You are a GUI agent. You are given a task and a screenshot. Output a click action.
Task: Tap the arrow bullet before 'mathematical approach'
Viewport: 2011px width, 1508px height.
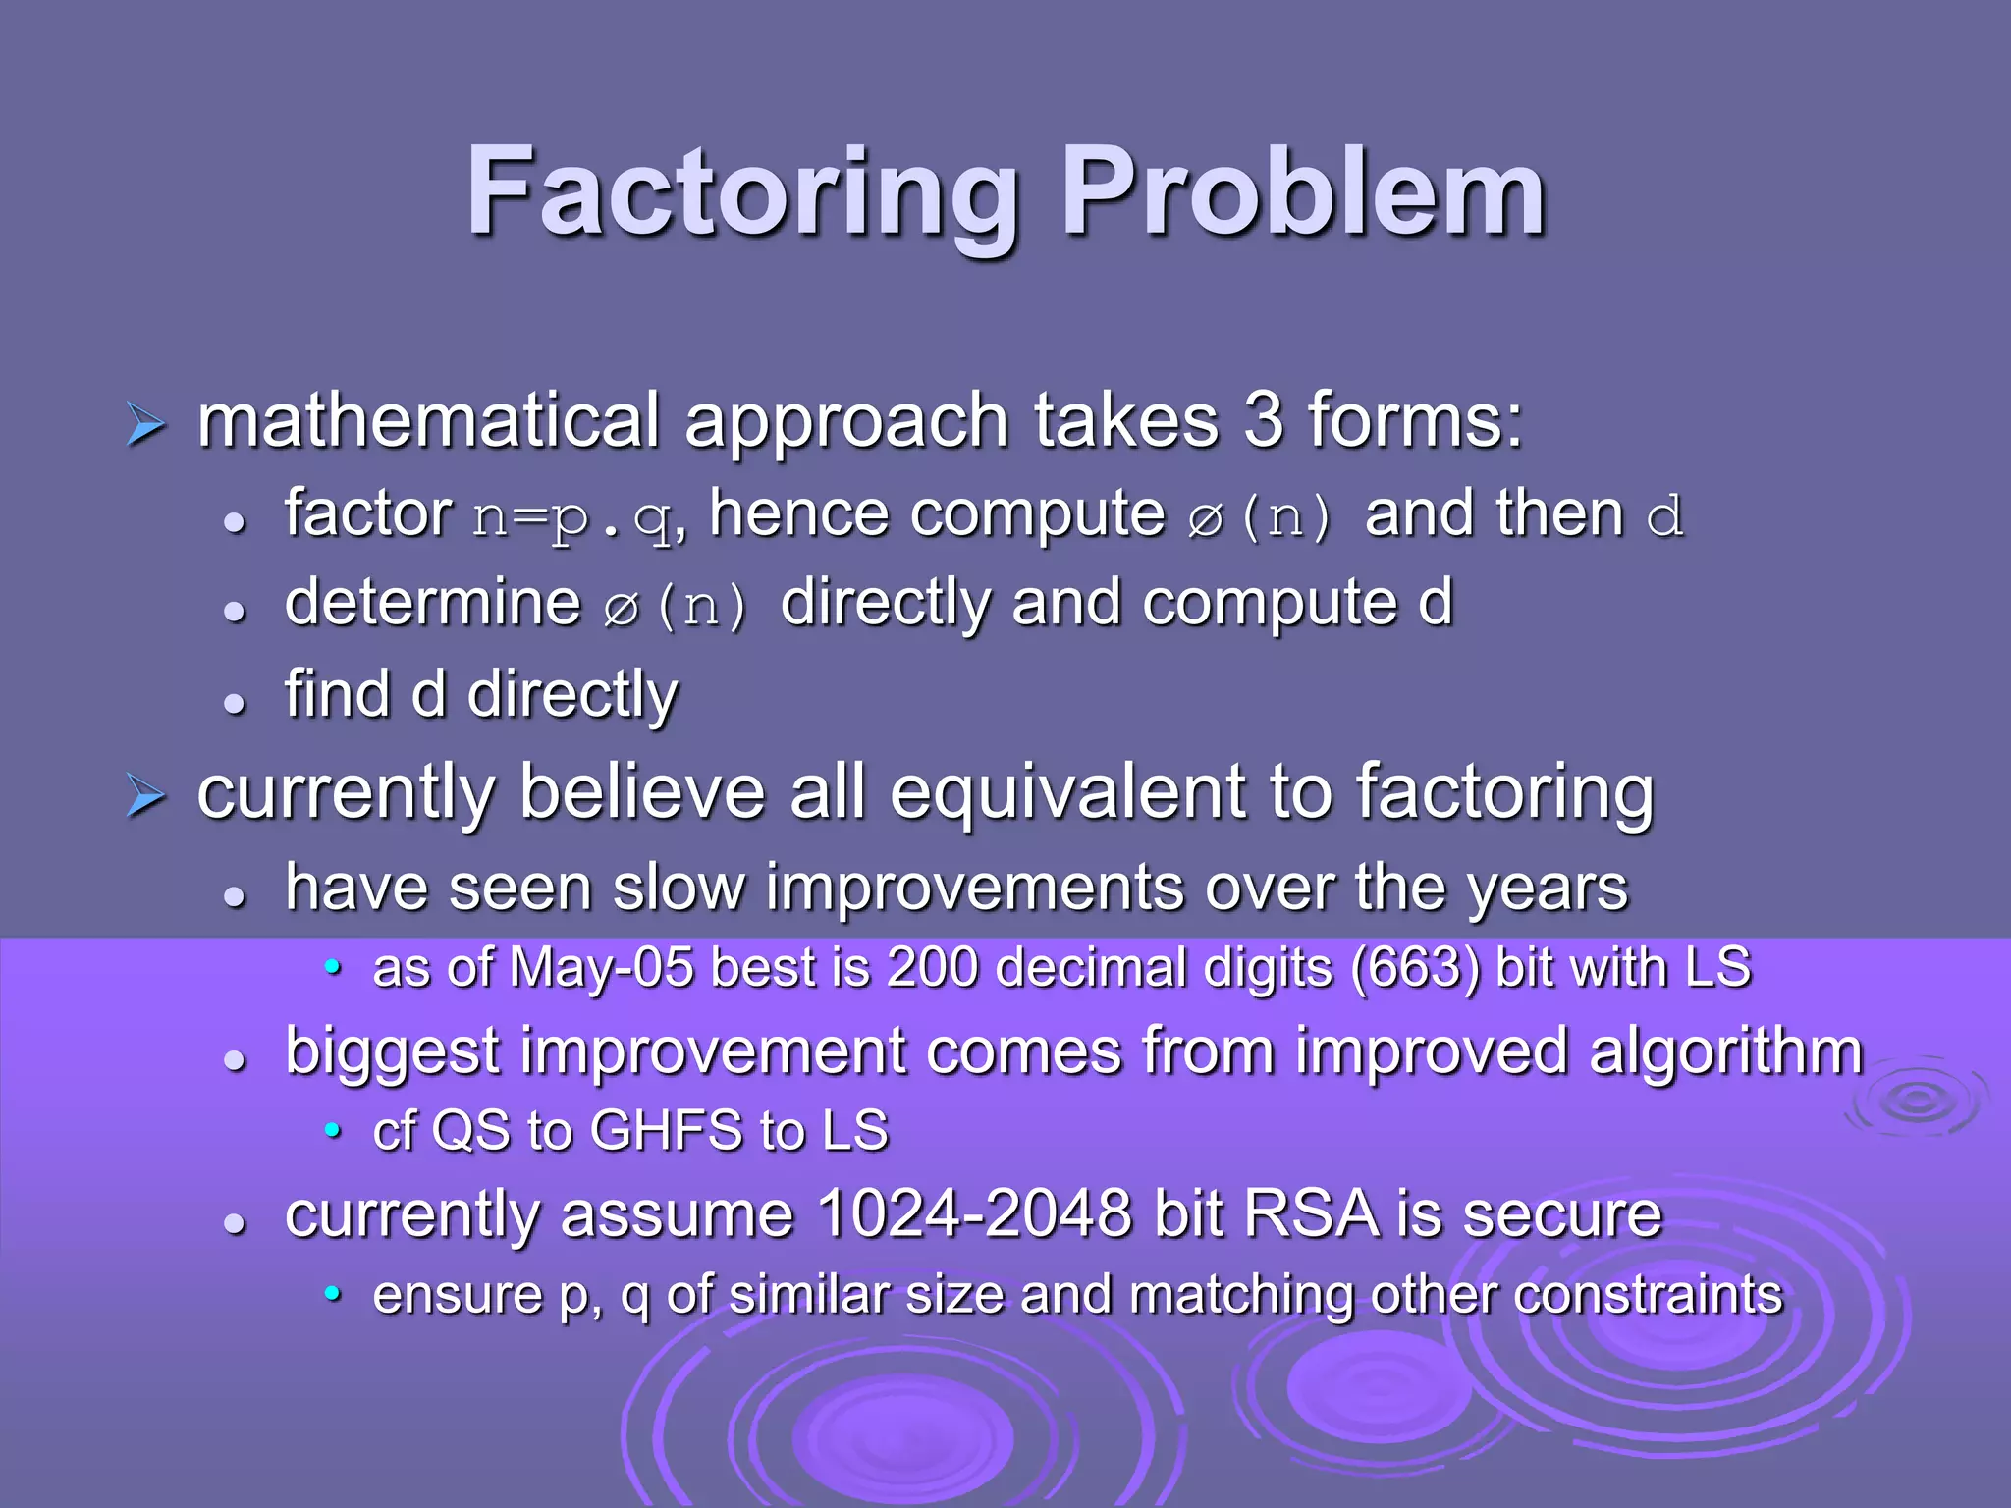(145, 425)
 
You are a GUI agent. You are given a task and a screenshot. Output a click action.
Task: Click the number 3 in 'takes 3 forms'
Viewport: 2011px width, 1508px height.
(1264, 420)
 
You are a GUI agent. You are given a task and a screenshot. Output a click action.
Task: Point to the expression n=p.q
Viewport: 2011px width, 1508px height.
(573, 517)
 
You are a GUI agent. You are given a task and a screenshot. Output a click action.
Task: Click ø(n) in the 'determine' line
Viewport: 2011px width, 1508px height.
(676, 606)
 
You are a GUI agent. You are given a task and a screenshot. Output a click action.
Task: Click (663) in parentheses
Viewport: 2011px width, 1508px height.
(1415, 968)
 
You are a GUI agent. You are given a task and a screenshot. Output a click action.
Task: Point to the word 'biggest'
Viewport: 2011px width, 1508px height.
(392, 1052)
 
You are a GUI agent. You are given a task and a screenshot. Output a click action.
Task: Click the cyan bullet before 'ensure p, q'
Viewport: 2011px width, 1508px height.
(333, 1294)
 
